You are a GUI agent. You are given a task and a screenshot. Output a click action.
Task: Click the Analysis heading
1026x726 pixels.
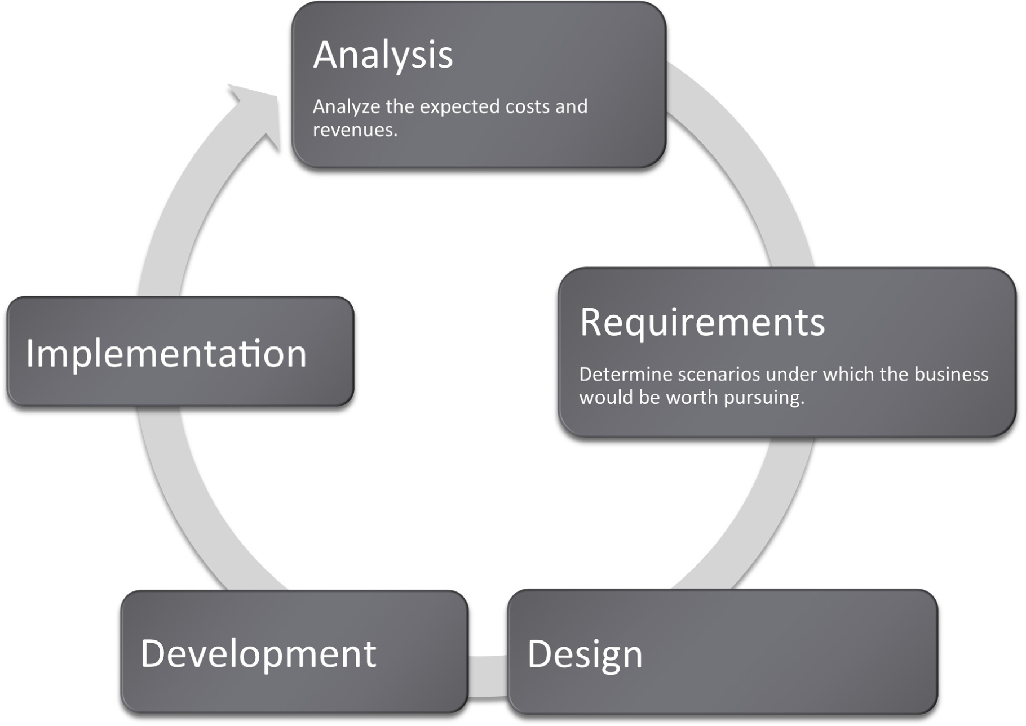pos(383,55)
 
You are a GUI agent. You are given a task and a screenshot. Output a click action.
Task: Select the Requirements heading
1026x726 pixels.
pos(702,323)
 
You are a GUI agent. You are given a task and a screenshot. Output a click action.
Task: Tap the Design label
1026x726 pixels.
pos(585,654)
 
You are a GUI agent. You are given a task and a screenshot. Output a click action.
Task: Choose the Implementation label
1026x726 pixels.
pos(166,354)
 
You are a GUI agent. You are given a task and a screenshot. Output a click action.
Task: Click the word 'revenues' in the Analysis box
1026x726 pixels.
pos(353,130)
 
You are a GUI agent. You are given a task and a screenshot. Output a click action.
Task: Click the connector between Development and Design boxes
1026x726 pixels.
pos(488,676)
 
